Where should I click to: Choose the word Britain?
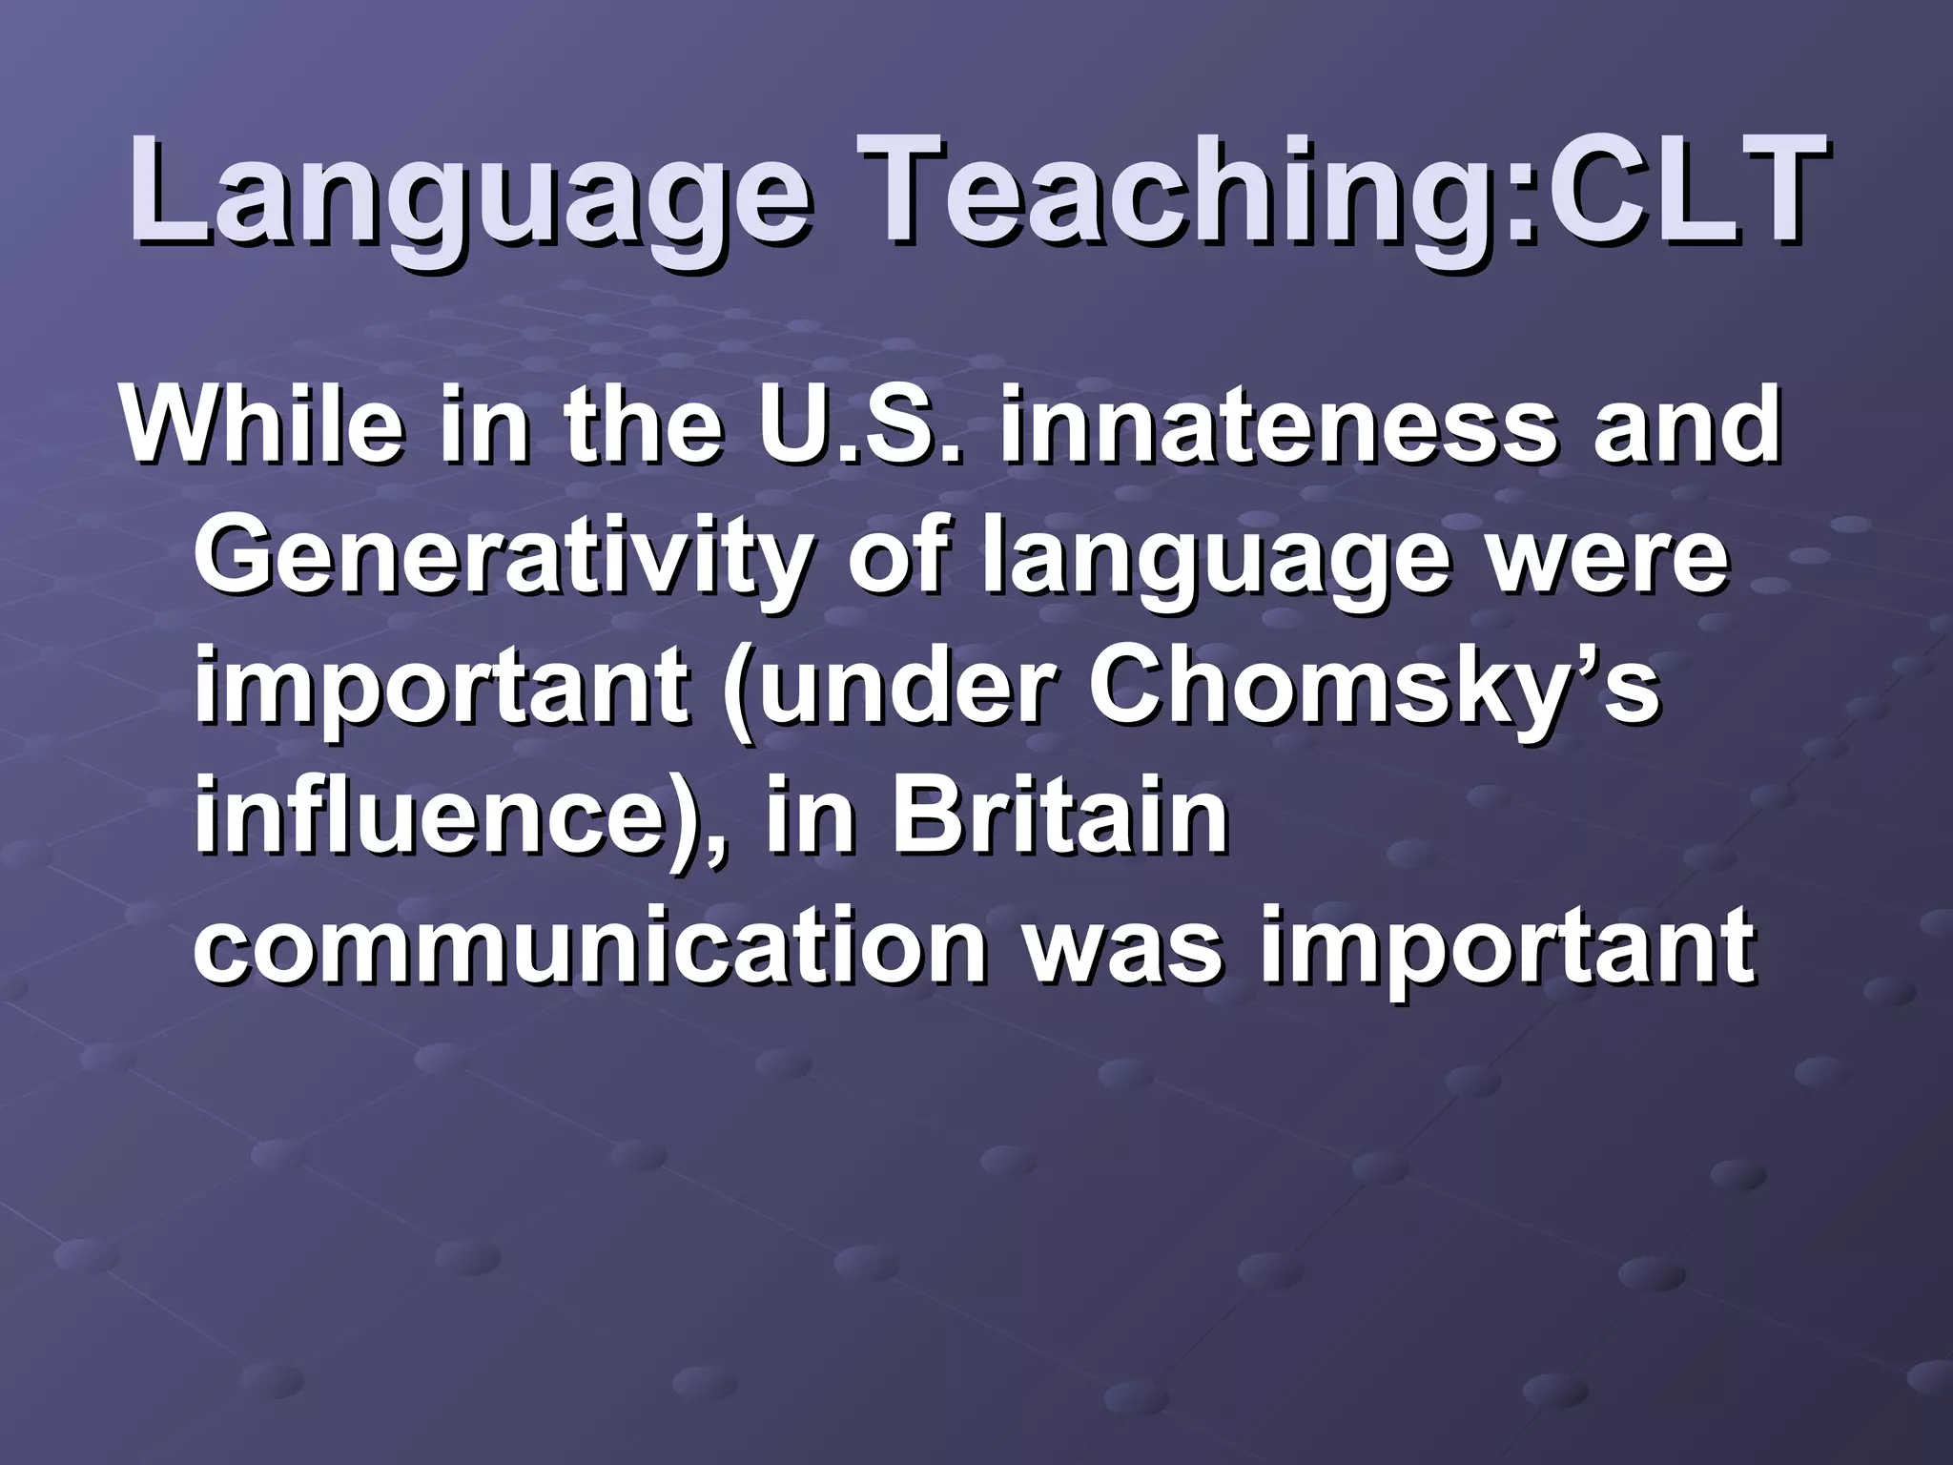[1059, 816]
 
